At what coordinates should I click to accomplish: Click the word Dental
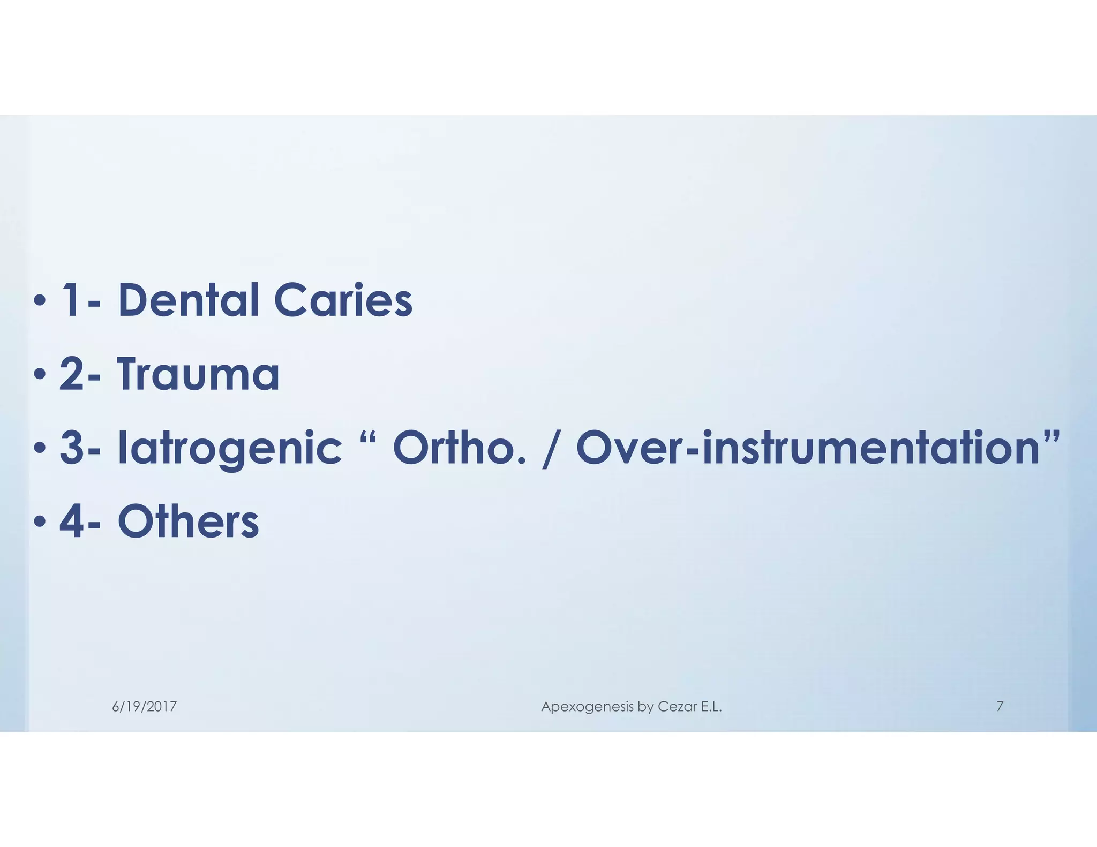pyautogui.click(x=188, y=300)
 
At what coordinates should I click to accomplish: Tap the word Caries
pyautogui.click(x=343, y=300)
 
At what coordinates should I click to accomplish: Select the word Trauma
pyautogui.click(x=198, y=374)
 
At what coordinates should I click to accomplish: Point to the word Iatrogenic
pyautogui.click(x=229, y=450)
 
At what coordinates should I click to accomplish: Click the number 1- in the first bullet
pyautogui.click(x=80, y=300)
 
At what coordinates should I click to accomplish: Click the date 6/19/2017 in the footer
pyautogui.click(x=144, y=707)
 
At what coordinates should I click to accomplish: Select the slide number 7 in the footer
pyautogui.click(x=1000, y=706)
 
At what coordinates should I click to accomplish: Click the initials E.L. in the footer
pyautogui.click(x=711, y=707)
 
